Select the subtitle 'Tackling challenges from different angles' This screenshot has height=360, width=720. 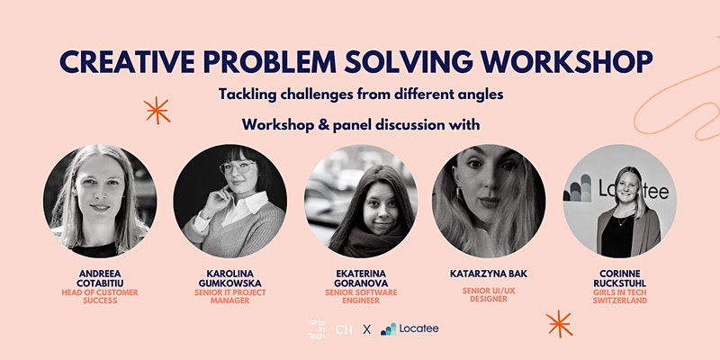(x=361, y=94)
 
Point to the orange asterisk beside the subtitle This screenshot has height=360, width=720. (x=157, y=111)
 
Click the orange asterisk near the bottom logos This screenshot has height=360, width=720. (x=559, y=324)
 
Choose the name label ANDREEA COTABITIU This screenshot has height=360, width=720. (x=100, y=278)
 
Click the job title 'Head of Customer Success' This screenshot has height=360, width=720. (x=100, y=297)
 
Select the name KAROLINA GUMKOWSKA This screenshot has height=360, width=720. (x=230, y=278)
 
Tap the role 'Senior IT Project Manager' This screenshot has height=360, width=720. (x=230, y=297)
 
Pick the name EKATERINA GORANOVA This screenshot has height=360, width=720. (x=361, y=278)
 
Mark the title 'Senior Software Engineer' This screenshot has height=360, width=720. (x=361, y=297)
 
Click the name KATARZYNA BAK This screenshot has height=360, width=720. (x=489, y=274)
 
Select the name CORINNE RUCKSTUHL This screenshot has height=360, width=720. (x=619, y=278)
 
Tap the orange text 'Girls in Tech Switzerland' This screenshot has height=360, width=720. (x=619, y=297)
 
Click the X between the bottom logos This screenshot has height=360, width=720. (x=367, y=329)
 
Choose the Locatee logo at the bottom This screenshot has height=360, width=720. (x=409, y=328)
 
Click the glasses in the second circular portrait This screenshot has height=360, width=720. (x=238, y=167)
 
